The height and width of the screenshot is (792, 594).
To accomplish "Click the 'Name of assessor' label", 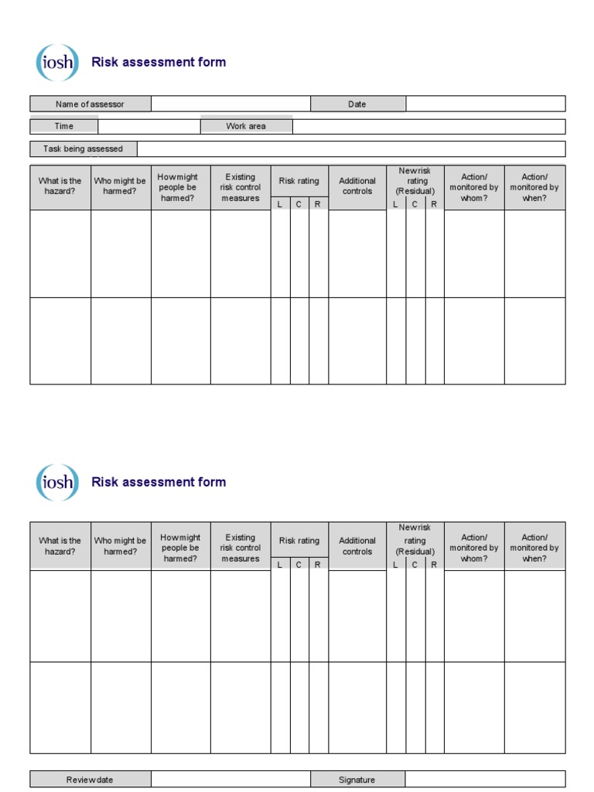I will click(x=90, y=104).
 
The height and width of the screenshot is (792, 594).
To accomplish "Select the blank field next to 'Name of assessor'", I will click(x=230, y=104).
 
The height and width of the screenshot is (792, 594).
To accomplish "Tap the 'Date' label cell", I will click(x=357, y=104).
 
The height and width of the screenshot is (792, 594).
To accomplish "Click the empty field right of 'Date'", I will click(x=485, y=104).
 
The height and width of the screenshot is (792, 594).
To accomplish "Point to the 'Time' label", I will click(x=64, y=126).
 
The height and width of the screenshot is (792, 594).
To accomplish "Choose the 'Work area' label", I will click(x=246, y=126).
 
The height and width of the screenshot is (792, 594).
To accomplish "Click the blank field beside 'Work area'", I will click(x=428, y=126).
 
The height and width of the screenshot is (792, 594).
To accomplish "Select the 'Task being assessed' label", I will click(x=83, y=148).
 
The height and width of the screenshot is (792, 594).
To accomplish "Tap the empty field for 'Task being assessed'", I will click(x=350, y=148).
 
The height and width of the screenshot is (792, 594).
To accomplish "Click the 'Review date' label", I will click(x=90, y=780).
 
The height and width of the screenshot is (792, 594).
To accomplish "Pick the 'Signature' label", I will click(x=357, y=780).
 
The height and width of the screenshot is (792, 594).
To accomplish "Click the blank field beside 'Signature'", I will click(x=485, y=780).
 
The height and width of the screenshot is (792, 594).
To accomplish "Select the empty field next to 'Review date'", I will click(x=230, y=780).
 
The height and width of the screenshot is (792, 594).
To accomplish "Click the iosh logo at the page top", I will click(x=56, y=63).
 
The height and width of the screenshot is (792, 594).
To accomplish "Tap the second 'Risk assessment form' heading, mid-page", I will click(x=159, y=482).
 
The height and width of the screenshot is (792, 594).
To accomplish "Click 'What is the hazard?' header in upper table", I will click(x=60, y=186).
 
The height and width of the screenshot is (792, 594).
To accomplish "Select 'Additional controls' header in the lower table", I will click(x=357, y=546).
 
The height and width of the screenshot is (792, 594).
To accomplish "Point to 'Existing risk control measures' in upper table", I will click(x=241, y=187).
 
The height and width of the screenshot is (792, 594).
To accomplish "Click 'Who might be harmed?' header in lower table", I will click(x=120, y=546).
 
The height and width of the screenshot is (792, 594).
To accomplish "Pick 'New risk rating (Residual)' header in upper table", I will click(x=415, y=181).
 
